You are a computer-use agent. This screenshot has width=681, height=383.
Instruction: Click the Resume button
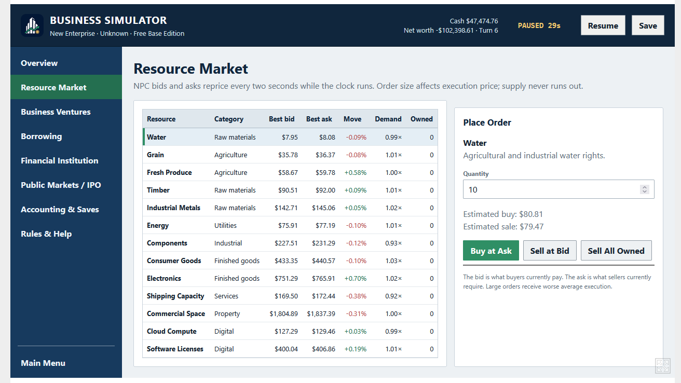click(603, 25)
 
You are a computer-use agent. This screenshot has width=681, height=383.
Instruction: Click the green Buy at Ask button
click(491, 251)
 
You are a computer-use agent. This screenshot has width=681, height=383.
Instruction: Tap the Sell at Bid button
click(550, 251)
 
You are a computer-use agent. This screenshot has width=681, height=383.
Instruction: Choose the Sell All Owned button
click(616, 251)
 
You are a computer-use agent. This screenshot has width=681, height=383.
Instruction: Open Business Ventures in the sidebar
click(56, 112)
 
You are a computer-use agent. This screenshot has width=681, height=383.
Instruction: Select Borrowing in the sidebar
click(42, 136)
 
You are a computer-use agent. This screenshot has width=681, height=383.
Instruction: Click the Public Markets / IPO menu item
click(61, 185)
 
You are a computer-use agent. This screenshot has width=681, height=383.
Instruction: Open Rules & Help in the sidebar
click(46, 234)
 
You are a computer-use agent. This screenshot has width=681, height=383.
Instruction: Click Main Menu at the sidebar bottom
click(43, 363)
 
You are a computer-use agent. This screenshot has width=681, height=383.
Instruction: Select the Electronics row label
click(164, 279)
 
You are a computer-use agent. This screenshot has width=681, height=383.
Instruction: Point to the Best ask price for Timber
click(325, 190)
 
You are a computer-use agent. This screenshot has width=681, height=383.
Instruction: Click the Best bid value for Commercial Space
click(283, 313)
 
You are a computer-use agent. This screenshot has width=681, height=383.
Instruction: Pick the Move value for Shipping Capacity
click(356, 296)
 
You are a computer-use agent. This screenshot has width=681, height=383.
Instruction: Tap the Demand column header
click(388, 119)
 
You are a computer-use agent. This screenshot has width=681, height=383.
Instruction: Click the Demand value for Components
click(393, 243)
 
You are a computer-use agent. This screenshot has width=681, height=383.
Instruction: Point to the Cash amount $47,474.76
click(482, 21)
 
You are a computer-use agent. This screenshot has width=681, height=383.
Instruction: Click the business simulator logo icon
click(32, 25)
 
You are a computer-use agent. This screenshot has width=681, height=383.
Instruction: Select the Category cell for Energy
click(225, 226)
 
